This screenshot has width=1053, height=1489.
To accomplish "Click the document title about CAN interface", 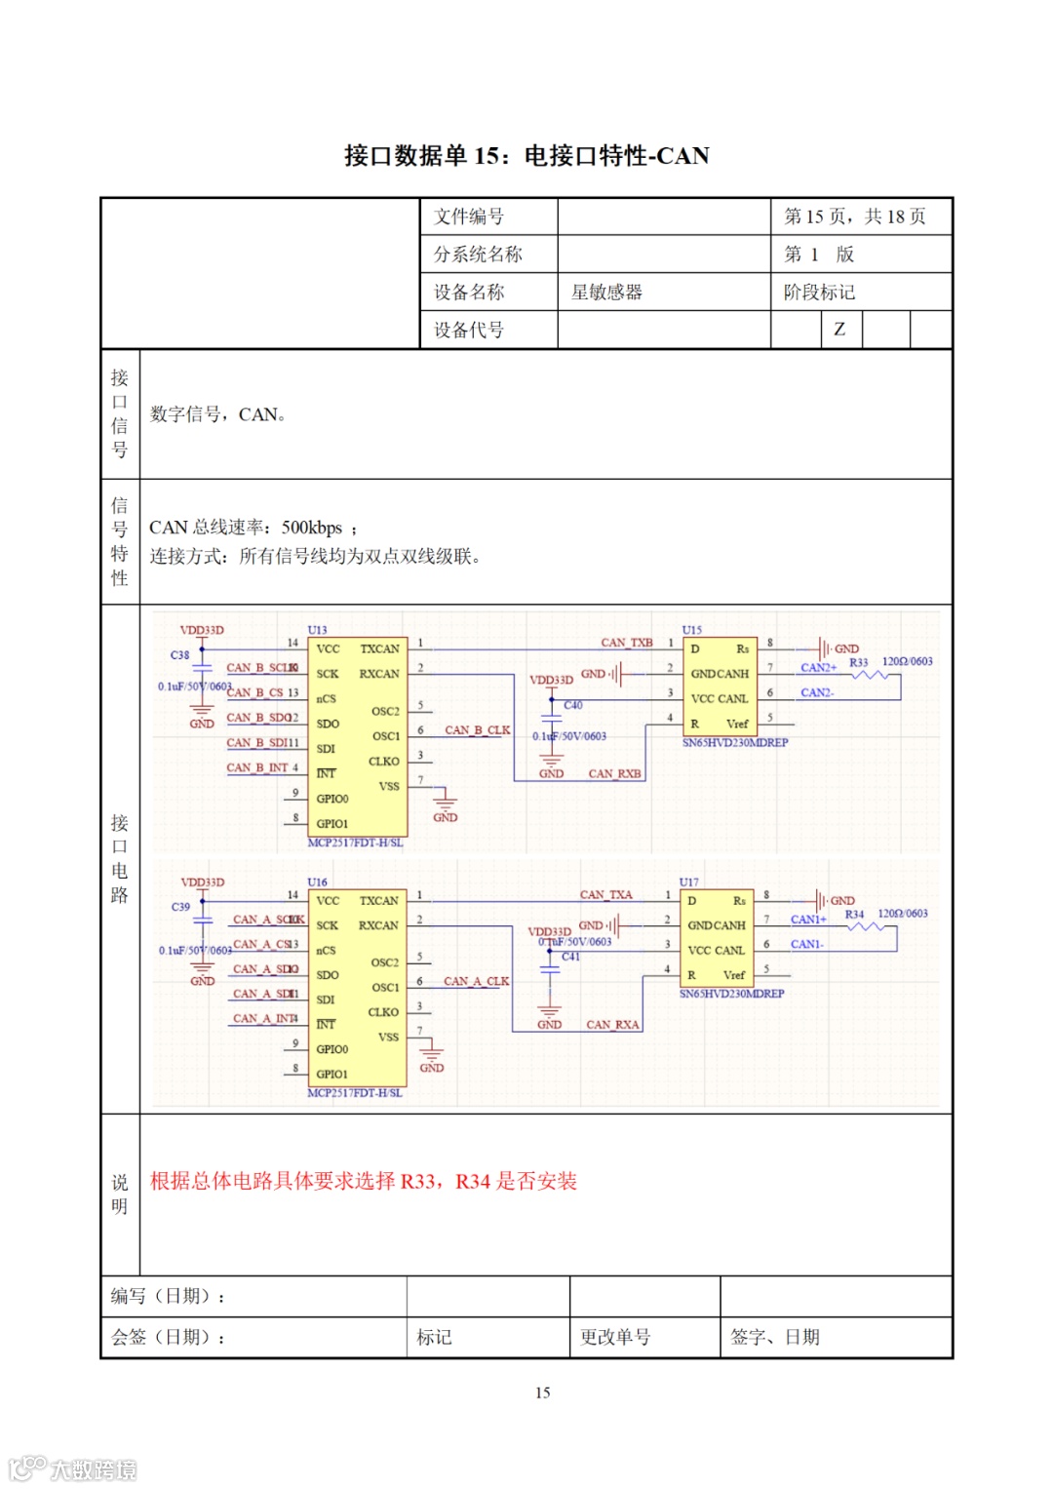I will coord(526,156).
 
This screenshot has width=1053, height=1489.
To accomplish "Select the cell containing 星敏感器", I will coord(606,293).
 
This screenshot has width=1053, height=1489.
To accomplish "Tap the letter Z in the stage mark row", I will coord(839,330).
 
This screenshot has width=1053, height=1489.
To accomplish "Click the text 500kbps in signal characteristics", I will coord(312,528).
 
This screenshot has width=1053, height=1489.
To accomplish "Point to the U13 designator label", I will coord(317,630).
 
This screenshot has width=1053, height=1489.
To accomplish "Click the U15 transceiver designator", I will coord(691,630).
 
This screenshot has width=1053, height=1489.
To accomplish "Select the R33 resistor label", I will coord(858,662).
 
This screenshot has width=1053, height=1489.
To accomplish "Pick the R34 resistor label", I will coord(854,915).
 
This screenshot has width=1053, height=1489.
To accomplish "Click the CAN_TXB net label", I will coord(626,643).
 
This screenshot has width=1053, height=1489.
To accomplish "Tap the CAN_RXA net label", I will coord(612,1025).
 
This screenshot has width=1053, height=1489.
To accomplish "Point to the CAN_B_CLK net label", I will coord(477,730).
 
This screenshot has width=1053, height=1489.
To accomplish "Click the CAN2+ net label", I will coord(818,668).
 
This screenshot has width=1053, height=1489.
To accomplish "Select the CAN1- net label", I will coord(806,944).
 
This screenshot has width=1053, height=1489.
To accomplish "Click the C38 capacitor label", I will coord(180,655).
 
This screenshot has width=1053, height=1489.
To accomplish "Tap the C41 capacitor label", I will coord(570,957).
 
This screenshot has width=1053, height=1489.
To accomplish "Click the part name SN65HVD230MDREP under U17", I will coord(731,994).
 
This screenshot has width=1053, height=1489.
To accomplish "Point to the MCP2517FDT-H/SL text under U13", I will coord(355,842).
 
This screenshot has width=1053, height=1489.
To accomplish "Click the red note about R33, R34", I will coord(363,1182).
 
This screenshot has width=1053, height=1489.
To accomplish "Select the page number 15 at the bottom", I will coord(542,1392).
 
